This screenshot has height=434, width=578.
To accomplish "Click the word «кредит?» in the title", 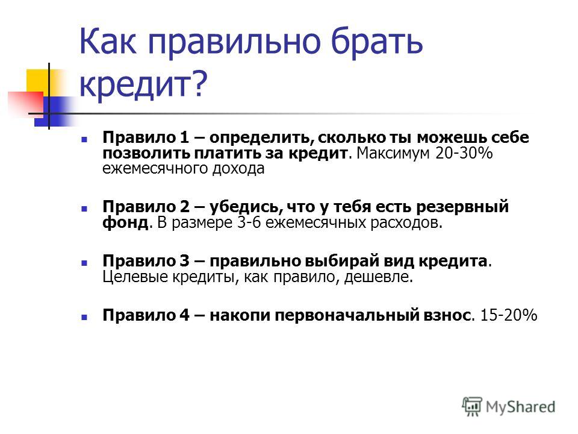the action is point(143,84).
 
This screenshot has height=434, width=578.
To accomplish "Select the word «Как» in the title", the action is point(108,40).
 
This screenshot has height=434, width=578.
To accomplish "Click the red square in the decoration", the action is point(26,102).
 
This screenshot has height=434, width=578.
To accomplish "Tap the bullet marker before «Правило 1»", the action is point(84,139).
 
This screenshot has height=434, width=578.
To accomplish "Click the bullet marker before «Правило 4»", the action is point(84,317).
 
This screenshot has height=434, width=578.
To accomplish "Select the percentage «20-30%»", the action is point(464,153).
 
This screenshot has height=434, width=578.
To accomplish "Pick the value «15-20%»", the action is point(509,315).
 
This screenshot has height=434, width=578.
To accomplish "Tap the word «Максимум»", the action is point(393,153).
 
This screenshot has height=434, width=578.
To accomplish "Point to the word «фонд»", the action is point(125,222).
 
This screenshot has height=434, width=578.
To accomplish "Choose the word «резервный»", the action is point(462,207).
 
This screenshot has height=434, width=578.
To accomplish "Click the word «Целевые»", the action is point(135,277).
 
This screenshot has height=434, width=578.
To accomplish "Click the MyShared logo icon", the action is point(472,406).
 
